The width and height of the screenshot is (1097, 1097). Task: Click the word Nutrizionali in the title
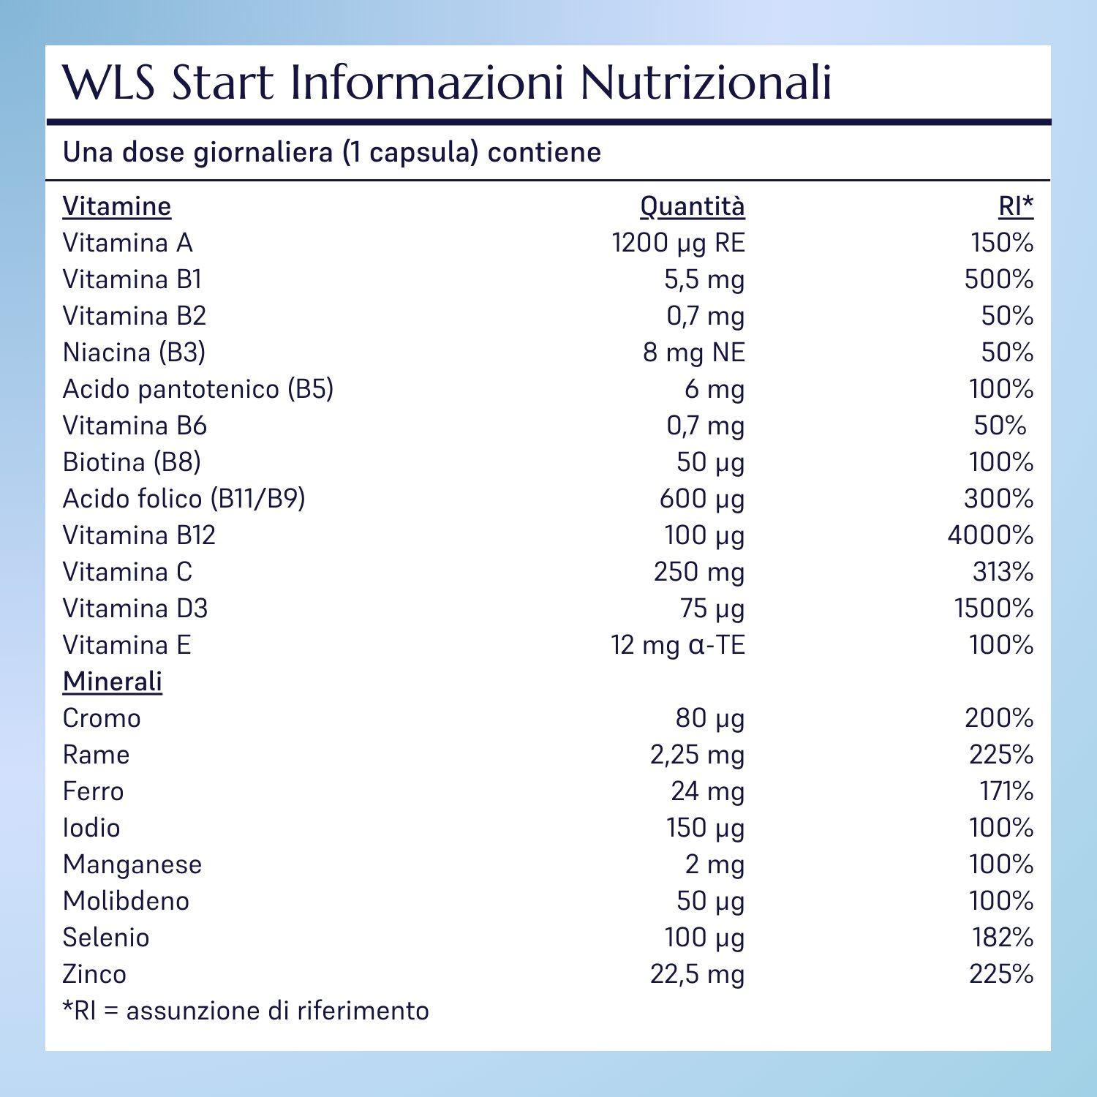point(706,82)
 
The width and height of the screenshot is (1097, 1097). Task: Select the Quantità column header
point(692,206)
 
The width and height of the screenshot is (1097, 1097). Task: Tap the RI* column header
point(1016,206)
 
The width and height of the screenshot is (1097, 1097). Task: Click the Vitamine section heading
point(117,206)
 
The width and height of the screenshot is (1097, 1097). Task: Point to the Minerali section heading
point(113,682)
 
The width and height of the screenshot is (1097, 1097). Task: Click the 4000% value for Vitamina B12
point(990,535)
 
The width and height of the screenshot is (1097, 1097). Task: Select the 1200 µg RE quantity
point(678,243)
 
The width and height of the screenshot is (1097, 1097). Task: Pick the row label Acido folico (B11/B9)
point(184,499)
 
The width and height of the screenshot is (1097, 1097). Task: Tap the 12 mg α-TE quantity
point(677,645)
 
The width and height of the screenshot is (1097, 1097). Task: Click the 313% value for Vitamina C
point(1003,572)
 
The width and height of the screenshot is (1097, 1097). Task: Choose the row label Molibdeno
point(126,901)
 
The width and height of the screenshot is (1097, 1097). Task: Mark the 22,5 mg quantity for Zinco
point(697,974)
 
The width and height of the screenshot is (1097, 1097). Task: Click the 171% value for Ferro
point(1006,791)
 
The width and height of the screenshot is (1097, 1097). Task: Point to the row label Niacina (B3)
point(134,353)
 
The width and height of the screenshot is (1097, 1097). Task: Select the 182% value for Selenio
point(1003,938)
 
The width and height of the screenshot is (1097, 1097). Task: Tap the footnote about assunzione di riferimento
point(246,1011)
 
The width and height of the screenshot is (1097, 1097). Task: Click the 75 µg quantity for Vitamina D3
point(712,608)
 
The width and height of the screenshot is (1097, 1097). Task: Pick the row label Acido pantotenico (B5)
point(198,389)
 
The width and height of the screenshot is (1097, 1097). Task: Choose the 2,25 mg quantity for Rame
point(697,755)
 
